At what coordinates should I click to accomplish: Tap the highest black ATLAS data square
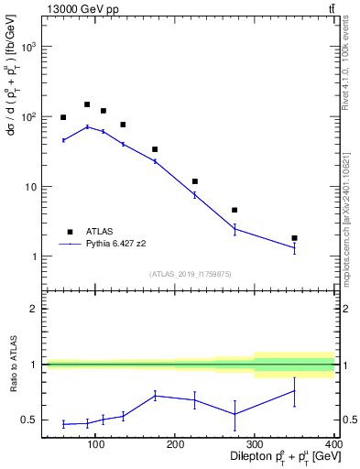pyautogui.click(x=87, y=104)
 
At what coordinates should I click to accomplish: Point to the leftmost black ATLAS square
pyautogui.click(x=63, y=117)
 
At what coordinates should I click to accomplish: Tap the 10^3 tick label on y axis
pyautogui.click(x=27, y=46)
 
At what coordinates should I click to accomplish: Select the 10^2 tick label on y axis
pyautogui.click(x=27, y=116)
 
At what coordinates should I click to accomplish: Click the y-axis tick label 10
pyautogui.click(x=29, y=187)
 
